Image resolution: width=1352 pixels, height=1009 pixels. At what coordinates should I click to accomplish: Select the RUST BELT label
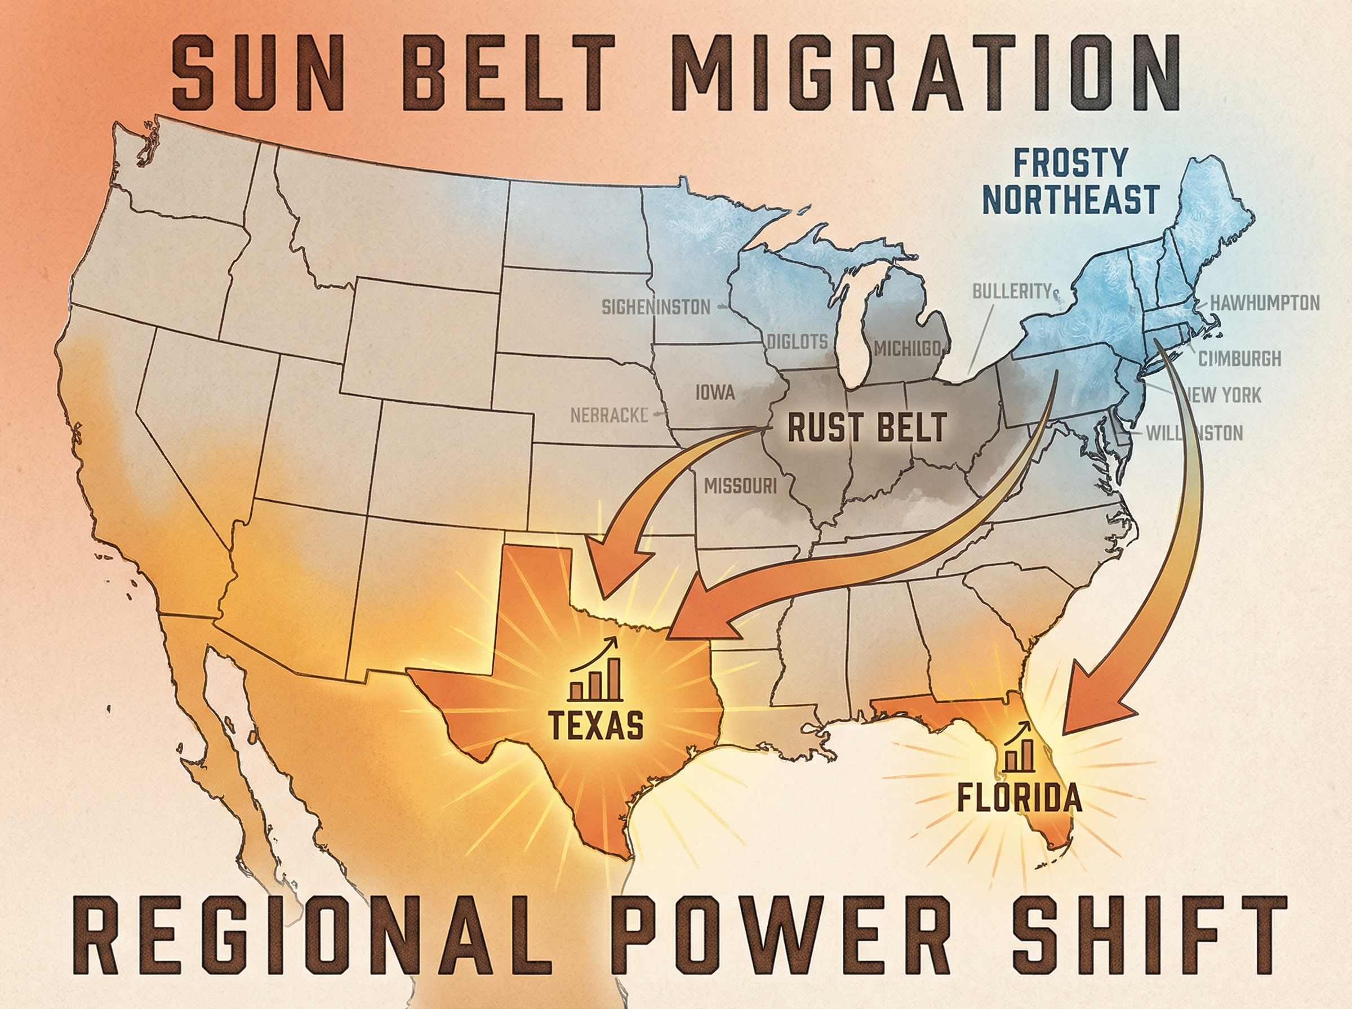867,427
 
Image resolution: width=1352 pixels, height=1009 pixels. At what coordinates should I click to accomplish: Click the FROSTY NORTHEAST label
1071,181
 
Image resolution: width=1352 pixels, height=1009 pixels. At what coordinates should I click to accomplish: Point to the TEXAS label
595,725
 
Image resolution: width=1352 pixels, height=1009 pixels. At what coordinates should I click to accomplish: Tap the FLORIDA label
1019,798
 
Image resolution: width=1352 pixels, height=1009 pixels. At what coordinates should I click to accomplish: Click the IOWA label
715,392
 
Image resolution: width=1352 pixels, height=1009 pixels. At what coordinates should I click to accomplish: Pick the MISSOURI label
740,486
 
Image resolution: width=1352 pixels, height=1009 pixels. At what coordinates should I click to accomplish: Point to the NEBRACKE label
609,416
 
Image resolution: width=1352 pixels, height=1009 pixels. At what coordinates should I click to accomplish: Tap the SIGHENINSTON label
656,307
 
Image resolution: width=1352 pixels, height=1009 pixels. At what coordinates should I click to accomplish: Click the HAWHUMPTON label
1265,303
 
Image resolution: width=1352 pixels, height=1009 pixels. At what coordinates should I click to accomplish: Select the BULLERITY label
1012,291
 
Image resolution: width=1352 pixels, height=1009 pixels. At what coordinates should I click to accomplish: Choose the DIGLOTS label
797,342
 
